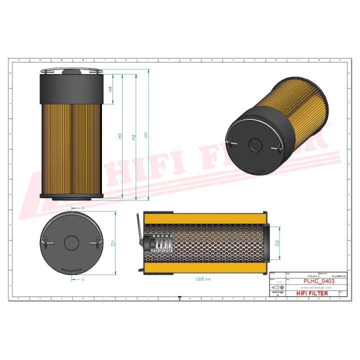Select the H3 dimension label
tap(120, 136)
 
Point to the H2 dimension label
tap(133, 136)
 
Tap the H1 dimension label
tap(145, 134)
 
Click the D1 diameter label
tap(113, 243)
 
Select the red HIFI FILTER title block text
tap(313, 293)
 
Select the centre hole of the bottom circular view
tap(71, 243)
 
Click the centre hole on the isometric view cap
tap(255, 145)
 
